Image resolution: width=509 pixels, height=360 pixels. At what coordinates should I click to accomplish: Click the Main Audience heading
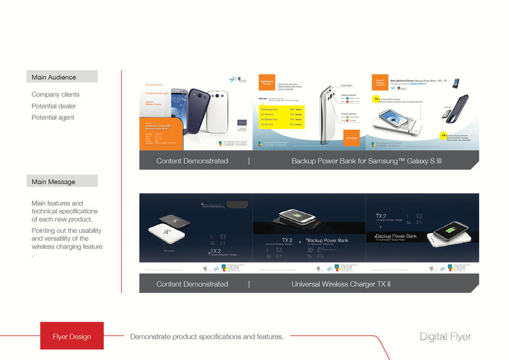click(x=54, y=77)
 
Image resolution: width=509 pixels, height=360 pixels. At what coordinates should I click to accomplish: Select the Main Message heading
click(x=53, y=181)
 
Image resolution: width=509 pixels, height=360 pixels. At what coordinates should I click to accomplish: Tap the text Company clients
click(x=55, y=95)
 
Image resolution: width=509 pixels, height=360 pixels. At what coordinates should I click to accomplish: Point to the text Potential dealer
click(x=53, y=106)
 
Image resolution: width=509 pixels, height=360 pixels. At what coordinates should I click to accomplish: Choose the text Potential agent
click(x=53, y=118)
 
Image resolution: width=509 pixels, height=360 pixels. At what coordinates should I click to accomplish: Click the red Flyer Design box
click(x=72, y=336)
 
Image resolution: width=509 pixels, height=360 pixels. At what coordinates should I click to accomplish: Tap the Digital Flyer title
click(x=445, y=337)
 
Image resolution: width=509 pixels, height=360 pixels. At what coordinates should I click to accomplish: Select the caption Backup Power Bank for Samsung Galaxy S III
click(x=366, y=161)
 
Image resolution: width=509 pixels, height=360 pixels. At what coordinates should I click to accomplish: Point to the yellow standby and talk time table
click(x=282, y=116)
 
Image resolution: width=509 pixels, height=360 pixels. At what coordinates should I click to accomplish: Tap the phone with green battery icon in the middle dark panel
click(x=309, y=217)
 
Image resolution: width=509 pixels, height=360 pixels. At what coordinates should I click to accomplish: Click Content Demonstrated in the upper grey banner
click(x=192, y=161)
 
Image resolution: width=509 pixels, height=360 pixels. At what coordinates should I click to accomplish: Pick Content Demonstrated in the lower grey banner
click(x=192, y=284)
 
